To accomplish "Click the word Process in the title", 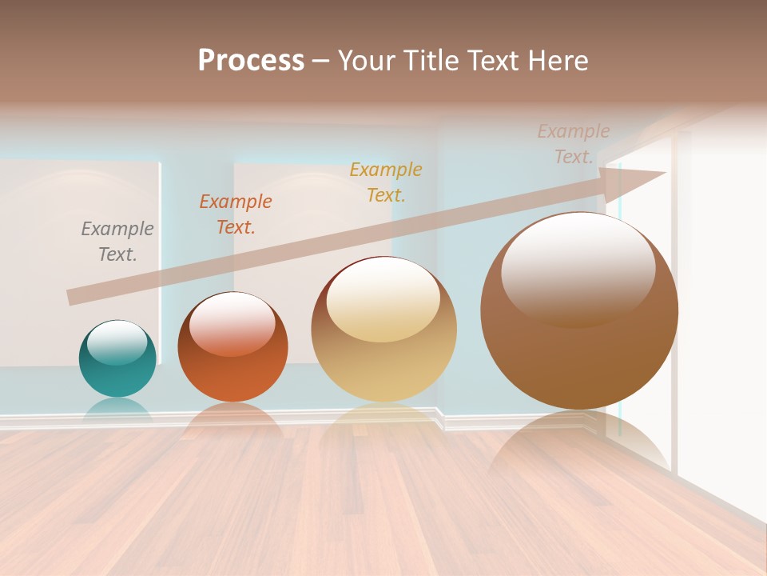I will point(251,61).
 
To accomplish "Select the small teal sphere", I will point(117,368).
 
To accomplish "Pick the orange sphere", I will point(232,364).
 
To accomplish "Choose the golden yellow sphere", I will point(384,352).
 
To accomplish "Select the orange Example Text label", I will point(236,214).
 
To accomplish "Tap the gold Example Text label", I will point(386,182).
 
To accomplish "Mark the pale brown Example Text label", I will point(574,144).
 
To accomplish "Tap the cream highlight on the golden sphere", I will point(383,300).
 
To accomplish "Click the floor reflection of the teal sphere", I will point(117,410).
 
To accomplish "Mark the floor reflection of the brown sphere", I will point(579,448).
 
